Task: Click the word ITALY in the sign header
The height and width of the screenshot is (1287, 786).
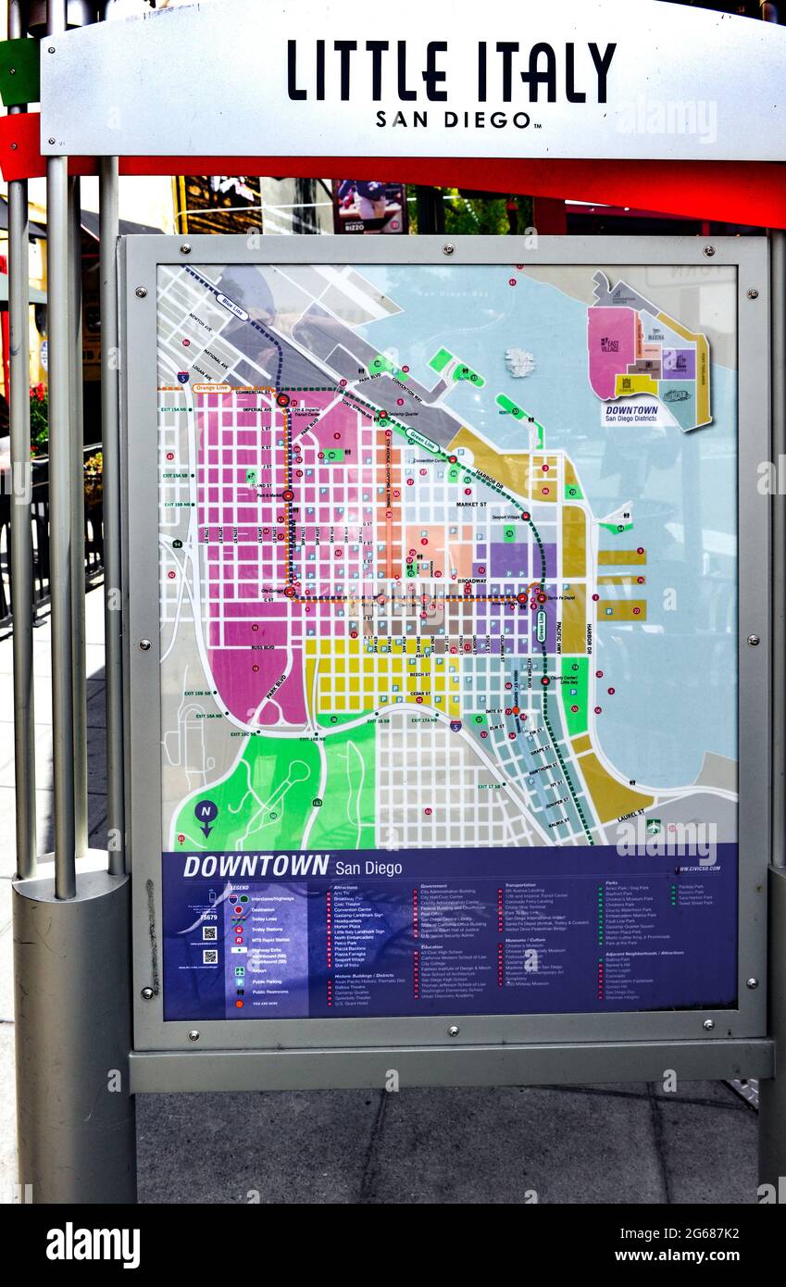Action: pyautogui.click(x=546, y=72)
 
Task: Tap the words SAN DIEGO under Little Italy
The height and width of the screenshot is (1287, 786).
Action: pyautogui.click(x=454, y=119)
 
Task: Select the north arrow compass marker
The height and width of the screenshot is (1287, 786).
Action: pyautogui.click(x=206, y=815)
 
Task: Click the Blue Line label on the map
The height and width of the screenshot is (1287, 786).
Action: pyautogui.click(x=231, y=306)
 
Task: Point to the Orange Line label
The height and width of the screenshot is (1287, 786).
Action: pyautogui.click(x=211, y=388)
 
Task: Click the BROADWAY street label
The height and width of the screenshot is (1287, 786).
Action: pyautogui.click(x=471, y=581)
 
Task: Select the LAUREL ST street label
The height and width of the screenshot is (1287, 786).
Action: pyautogui.click(x=631, y=816)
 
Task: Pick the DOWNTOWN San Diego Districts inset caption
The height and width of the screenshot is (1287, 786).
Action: pyautogui.click(x=630, y=413)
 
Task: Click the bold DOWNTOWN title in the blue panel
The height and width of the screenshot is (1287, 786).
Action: pyautogui.click(x=256, y=867)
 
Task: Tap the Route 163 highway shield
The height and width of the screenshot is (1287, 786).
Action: pyautogui.click(x=317, y=802)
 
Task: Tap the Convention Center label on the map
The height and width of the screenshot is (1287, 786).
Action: pyautogui.click(x=429, y=459)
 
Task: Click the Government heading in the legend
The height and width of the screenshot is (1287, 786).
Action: pyautogui.click(x=435, y=885)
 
